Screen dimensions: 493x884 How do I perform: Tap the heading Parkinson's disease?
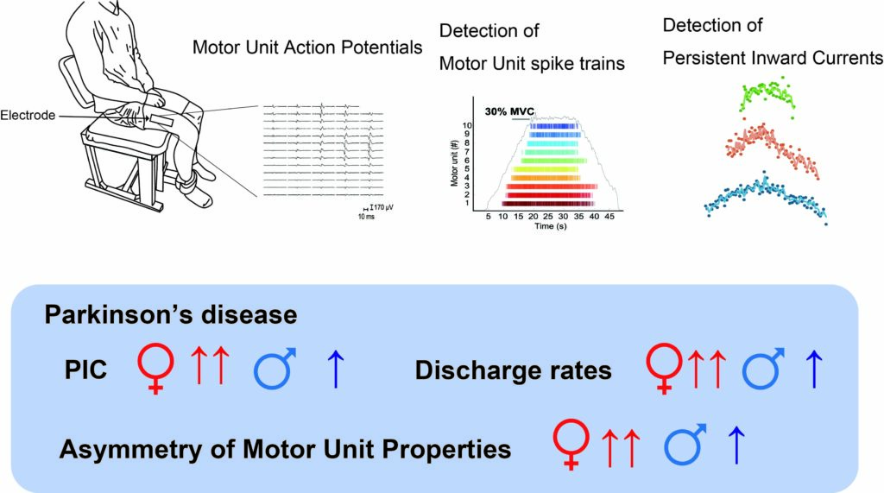(x=171, y=314)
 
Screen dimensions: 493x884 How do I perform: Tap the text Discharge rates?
(x=514, y=371)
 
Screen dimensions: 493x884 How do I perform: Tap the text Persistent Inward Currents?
(x=773, y=57)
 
